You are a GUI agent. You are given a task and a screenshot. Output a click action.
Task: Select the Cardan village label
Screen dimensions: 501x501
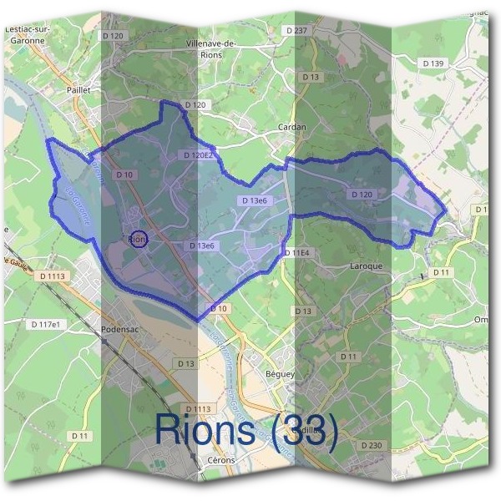[x=291, y=127]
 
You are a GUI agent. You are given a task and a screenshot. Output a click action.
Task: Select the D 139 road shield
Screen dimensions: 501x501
[x=433, y=63]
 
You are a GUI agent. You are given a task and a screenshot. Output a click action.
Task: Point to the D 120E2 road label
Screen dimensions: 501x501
[x=198, y=155]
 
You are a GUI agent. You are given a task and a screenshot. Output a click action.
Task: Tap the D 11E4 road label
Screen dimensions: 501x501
[x=296, y=252]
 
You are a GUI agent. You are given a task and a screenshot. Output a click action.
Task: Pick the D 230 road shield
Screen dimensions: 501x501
[x=371, y=445]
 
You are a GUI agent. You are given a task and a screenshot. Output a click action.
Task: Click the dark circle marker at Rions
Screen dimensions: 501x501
[x=139, y=239]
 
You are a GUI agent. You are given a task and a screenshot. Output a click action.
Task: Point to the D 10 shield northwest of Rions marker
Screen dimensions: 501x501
[x=124, y=175]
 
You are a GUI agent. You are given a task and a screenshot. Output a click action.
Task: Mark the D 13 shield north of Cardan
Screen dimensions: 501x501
[x=311, y=77]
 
